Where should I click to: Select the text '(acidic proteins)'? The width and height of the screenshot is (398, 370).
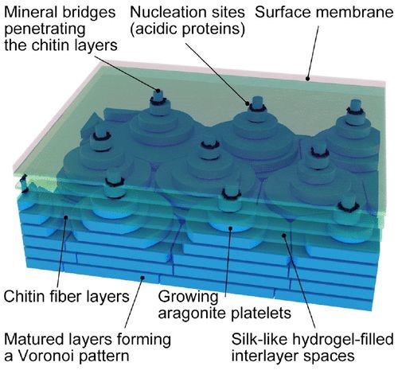(x=187, y=29)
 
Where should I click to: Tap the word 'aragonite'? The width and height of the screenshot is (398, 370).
(x=193, y=314)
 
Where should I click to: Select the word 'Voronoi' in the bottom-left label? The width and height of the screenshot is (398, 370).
(x=46, y=356)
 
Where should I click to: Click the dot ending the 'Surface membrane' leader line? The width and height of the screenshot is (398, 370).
(x=307, y=79)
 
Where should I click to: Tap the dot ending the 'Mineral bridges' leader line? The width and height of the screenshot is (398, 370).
(x=158, y=91)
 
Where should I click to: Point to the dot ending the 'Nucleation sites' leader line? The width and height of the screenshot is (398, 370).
(x=248, y=103)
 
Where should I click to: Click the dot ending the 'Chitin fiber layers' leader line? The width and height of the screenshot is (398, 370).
(x=66, y=217)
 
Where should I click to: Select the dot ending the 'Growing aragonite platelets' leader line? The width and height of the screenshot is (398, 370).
(x=230, y=228)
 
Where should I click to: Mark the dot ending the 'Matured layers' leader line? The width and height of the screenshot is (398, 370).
(x=142, y=278)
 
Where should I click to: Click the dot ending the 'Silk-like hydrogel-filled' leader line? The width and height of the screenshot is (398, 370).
(x=284, y=235)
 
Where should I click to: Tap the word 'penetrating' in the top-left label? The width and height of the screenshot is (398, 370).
(x=45, y=29)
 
